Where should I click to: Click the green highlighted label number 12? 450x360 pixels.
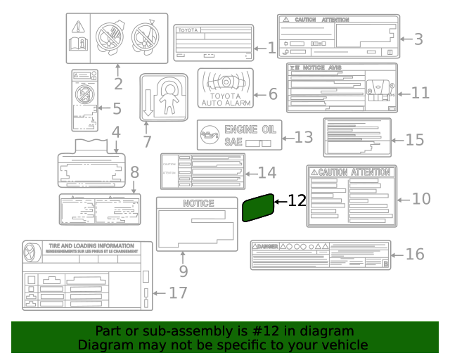click(x=258, y=207)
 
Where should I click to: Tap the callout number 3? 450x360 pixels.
click(x=418, y=39)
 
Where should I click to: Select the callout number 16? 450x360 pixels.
click(x=416, y=254)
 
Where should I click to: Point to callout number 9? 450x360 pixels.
click(x=183, y=270)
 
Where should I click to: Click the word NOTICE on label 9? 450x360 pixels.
click(x=198, y=203)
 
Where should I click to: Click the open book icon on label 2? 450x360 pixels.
click(x=79, y=44)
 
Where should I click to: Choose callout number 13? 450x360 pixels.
click(x=304, y=136)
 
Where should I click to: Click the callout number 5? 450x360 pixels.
click(x=117, y=109)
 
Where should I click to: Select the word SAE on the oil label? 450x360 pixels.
click(x=233, y=141)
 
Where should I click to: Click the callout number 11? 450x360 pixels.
click(x=420, y=93)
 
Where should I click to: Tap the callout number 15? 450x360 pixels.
click(x=415, y=139)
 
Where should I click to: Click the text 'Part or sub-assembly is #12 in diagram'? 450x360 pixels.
click(x=225, y=331)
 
